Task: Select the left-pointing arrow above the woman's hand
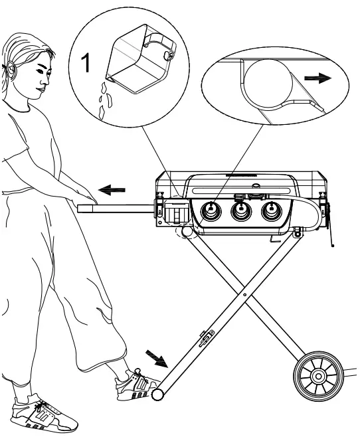click(x=110, y=190)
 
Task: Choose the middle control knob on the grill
click(x=240, y=212)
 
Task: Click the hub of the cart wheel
click(x=317, y=377)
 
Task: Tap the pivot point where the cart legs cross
click(x=245, y=292)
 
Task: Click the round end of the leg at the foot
click(x=158, y=395)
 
